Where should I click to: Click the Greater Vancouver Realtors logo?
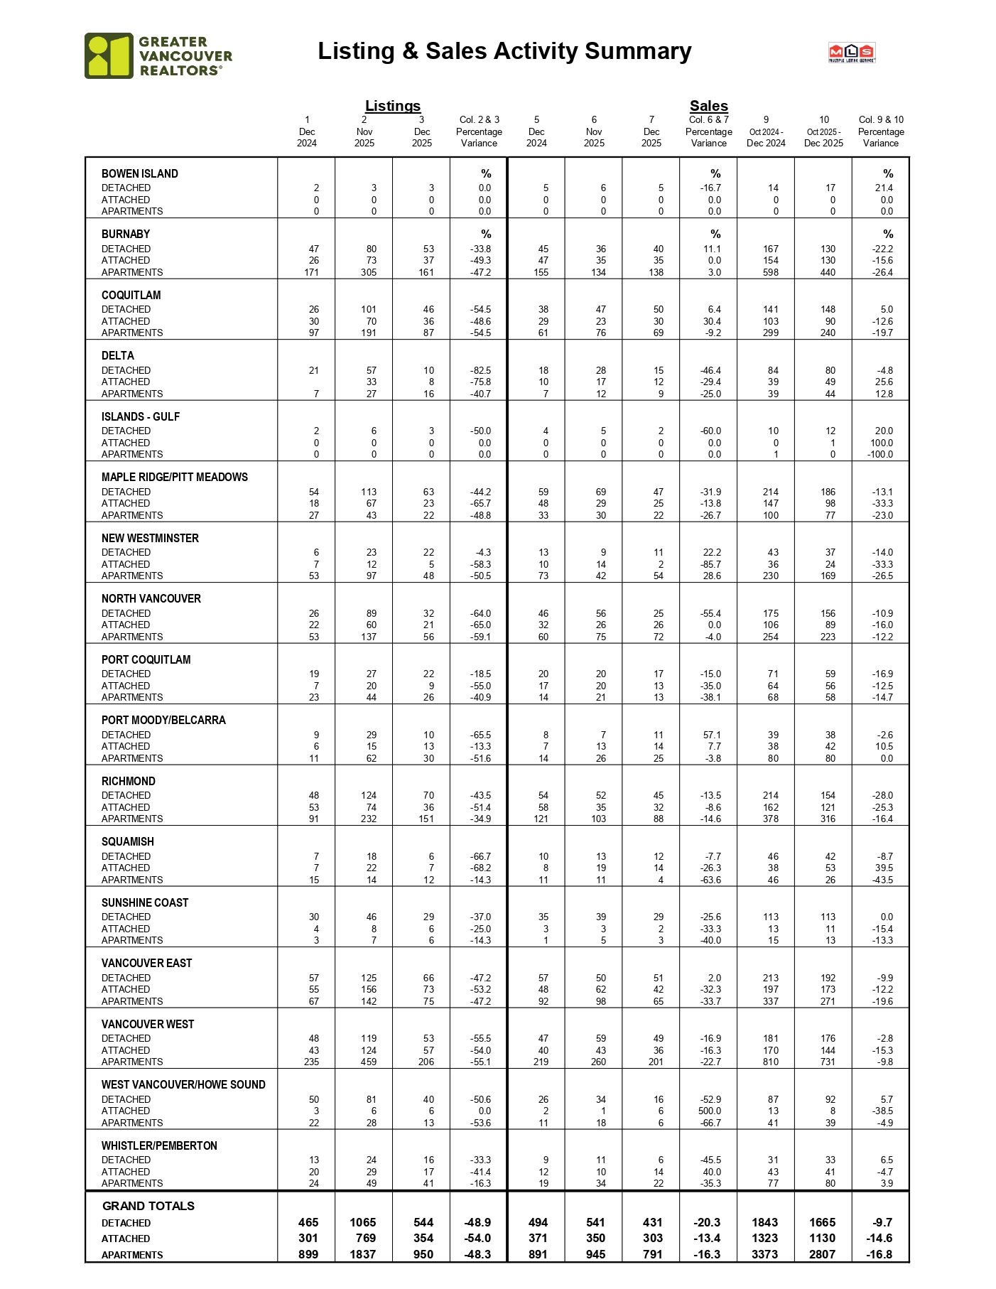[158, 55]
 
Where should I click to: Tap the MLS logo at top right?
[851, 53]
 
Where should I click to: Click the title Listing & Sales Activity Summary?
[504, 51]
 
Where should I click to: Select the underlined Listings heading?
[393, 106]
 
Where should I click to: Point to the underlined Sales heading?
[708, 106]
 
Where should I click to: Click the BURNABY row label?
[126, 234]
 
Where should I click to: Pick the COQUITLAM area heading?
[131, 295]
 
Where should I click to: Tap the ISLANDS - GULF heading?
[141, 416]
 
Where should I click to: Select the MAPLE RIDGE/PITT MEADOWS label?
[175, 477]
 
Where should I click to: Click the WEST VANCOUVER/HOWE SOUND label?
[183, 1084]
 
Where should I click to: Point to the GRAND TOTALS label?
[148, 1206]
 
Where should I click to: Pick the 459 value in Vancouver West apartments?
[369, 1062]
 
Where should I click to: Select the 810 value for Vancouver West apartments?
[771, 1062]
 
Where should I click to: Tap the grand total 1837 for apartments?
[362, 1254]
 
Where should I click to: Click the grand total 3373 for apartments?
[764, 1254]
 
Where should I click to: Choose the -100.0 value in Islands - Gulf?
[880, 454]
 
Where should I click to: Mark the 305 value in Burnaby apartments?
[369, 272]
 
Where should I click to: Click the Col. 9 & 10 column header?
[881, 119]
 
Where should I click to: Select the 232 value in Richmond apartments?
[369, 819]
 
